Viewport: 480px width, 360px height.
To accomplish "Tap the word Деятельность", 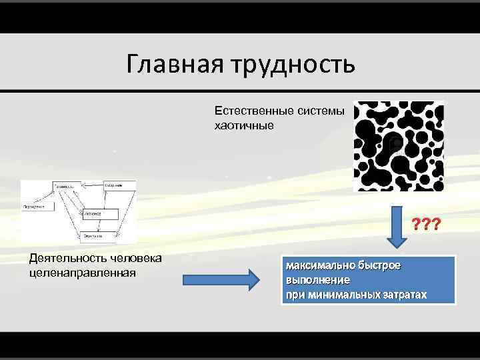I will tap(61, 259).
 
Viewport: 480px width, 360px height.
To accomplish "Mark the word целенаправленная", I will tap(82, 272).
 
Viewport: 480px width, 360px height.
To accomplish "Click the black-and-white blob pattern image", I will tap(398, 146).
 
